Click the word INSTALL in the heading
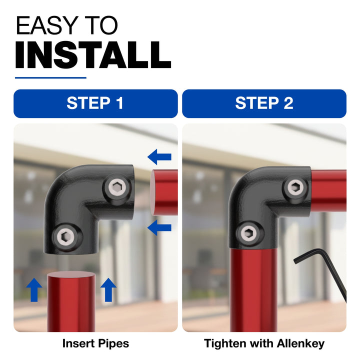(x=93, y=55)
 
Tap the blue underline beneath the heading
(x=50, y=78)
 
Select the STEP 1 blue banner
(x=95, y=103)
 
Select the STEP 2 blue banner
(x=264, y=103)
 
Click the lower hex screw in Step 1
(x=65, y=236)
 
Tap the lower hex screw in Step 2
(x=249, y=233)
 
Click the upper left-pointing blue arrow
(x=159, y=157)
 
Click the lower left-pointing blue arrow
(x=159, y=227)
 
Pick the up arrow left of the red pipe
(x=34, y=289)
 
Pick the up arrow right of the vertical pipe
(x=108, y=289)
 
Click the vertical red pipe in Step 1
(x=71, y=301)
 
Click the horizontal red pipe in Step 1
(x=164, y=192)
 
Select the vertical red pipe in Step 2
(x=253, y=289)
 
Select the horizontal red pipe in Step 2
(x=329, y=190)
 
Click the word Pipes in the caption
(x=113, y=344)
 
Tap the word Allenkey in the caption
(x=301, y=344)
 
